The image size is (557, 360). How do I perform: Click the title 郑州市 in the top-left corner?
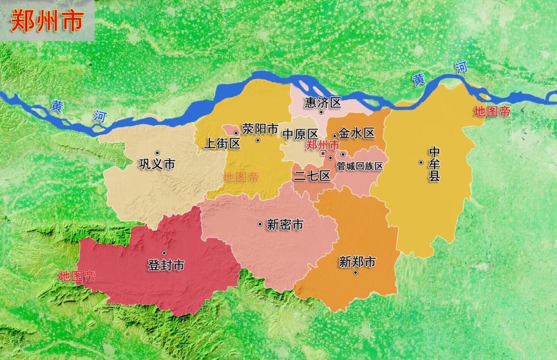[x=47, y=21]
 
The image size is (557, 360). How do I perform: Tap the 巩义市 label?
[x=157, y=164]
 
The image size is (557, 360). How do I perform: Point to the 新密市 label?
[x=285, y=225]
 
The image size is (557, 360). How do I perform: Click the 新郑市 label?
[x=357, y=262]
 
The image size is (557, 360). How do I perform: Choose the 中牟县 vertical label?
[x=434, y=165]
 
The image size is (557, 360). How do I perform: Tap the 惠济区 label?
[x=323, y=103]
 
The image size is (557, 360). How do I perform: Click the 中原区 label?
[x=300, y=134]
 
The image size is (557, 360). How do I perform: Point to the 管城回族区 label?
[x=360, y=166]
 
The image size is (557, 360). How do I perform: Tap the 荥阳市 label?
[x=260, y=129]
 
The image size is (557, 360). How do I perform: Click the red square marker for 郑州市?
[x=323, y=154]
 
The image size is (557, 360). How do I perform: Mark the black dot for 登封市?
[x=164, y=253]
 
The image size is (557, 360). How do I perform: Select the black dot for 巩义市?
[x=157, y=153]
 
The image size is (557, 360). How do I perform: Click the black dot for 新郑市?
[x=355, y=273]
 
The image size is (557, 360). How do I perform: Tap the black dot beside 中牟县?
[x=421, y=163]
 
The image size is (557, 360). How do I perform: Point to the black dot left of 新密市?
[x=260, y=225]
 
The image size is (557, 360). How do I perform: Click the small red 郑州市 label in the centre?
[x=323, y=145]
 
